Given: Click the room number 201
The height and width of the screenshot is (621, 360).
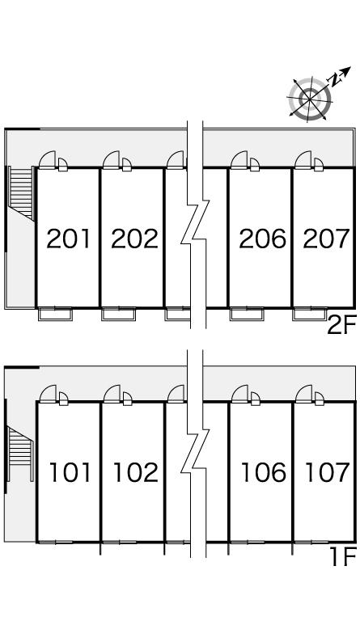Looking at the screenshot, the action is coord(69,239).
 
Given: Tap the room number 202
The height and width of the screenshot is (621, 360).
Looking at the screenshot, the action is coord(134,239).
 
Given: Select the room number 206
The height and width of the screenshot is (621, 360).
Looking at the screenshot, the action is coord(262,239).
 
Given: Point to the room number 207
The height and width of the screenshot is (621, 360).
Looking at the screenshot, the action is coord(327,239).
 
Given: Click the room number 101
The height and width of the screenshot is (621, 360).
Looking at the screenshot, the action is coord(70,472).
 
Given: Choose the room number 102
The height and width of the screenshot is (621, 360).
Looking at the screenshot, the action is coord(136,472).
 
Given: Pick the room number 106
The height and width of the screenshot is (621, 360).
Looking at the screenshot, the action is coord(264,472).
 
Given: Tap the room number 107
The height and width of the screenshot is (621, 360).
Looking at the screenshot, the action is coord(328,472).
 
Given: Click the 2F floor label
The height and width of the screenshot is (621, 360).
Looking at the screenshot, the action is coord(341,326).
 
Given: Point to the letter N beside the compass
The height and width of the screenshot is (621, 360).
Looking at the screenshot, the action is coord(335,80).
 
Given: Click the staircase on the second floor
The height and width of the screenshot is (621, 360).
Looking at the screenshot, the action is coord(21,193).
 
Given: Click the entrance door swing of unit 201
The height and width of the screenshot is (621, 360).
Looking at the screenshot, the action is coord(48,160).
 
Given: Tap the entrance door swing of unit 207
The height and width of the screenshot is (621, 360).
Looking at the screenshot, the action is coord(303,160).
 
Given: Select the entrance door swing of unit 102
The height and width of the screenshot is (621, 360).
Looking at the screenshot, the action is coord(112,394).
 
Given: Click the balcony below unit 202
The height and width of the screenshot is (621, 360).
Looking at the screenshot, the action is coord(118,314).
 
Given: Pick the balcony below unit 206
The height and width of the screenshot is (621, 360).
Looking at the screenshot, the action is coord(247,314).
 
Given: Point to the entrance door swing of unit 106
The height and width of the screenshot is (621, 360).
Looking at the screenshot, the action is coord(240,394).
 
